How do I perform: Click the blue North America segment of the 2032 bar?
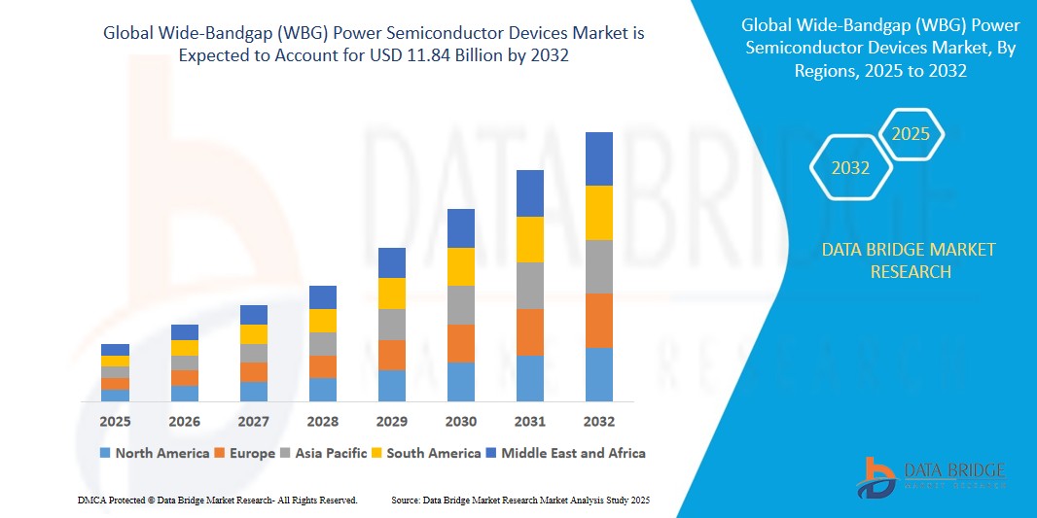pos(599,374)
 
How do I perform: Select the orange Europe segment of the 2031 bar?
pos(530,332)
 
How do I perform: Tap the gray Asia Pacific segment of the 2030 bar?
pos(461,305)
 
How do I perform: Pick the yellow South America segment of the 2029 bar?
pos(392,294)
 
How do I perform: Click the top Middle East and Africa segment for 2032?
pos(599,158)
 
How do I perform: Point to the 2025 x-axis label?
pos(115,422)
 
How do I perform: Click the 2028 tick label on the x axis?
pos(323,422)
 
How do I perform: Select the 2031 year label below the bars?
pos(530,422)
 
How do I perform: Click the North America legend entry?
pos(155,453)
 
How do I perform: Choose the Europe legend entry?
pos(245,453)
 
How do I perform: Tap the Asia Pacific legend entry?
pos(324,453)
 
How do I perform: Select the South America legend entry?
pos(427,453)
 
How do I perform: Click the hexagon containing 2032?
pos(850,168)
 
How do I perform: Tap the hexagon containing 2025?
pos(912,134)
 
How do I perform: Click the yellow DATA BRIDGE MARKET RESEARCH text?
pos(909,260)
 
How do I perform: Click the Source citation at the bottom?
pos(519,500)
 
